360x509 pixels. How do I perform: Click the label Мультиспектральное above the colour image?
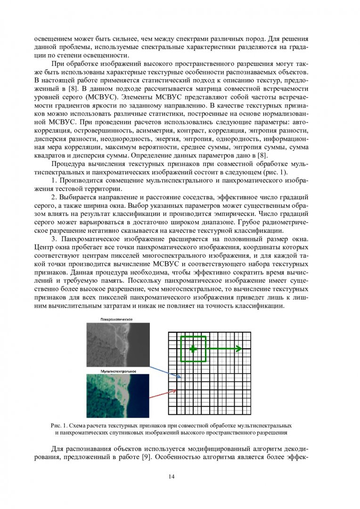pyautogui.click(x=118, y=371)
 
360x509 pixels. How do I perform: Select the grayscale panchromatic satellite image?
pyautogui.click(x=118, y=345)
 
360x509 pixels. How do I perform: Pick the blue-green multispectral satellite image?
pyautogui.click(x=118, y=395)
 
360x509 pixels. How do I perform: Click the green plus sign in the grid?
pyautogui.click(x=193, y=349)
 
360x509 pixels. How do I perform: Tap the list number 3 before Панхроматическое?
pyautogui.click(x=54, y=238)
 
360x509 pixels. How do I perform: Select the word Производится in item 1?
pyautogui.click(x=82, y=181)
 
